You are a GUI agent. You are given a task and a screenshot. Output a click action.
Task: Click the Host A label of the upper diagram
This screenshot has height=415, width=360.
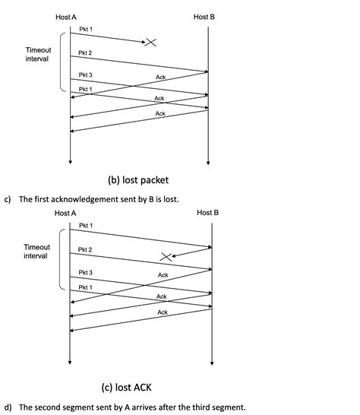pyautogui.click(x=65, y=17)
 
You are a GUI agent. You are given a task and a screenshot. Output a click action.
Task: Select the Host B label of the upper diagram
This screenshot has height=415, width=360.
pyautogui.click(x=204, y=17)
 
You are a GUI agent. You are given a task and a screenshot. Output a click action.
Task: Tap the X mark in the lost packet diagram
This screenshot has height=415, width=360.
pyautogui.click(x=152, y=43)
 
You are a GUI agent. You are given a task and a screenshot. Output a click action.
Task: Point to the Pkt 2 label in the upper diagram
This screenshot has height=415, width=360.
pyautogui.click(x=86, y=53)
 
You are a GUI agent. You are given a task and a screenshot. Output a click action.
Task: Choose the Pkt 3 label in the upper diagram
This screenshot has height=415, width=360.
pyautogui.click(x=86, y=75)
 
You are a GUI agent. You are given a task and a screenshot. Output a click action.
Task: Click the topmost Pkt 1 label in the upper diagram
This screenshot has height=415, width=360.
pyautogui.click(x=86, y=29)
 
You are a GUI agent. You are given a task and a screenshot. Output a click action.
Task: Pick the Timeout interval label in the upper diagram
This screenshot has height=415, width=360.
pyautogui.click(x=38, y=54)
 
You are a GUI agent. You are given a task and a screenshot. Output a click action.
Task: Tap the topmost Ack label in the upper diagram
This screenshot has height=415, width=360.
pyautogui.click(x=160, y=78)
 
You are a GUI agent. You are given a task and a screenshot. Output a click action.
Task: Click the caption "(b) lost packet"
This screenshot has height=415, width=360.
pyautogui.click(x=137, y=180)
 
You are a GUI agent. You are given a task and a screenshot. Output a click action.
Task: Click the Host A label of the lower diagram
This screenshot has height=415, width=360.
pyautogui.click(x=65, y=213)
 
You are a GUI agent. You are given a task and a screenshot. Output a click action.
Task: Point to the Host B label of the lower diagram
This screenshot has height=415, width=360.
pyautogui.click(x=207, y=213)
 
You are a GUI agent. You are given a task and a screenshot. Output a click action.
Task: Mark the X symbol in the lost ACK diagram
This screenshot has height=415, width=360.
pyautogui.click(x=166, y=257)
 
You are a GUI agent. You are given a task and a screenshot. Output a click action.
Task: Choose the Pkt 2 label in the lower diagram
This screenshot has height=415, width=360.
pyautogui.click(x=86, y=250)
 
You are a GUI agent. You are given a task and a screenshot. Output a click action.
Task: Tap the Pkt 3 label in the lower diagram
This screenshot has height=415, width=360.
pyautogui.click(x=86, y=272)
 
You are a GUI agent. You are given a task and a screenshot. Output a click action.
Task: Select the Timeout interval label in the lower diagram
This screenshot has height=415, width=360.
pyautogui.click(x=36, y=252)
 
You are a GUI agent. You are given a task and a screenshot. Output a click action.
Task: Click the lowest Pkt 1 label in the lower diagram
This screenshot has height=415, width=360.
pyautogui.click(x=86, y=287)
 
